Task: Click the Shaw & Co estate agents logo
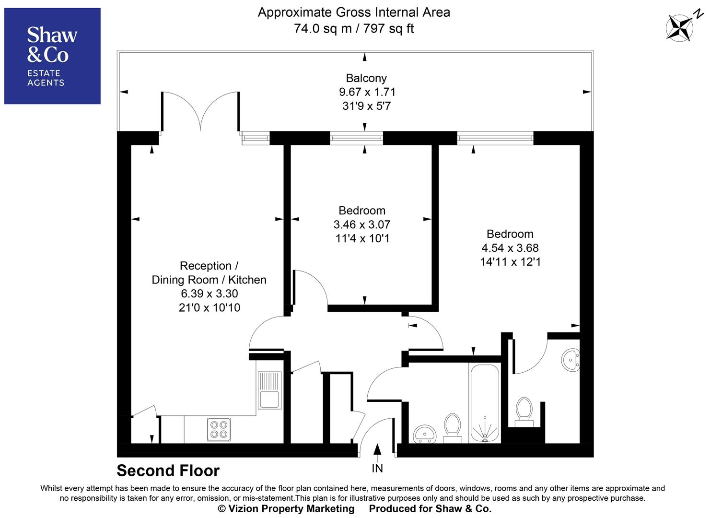tap(52, 56)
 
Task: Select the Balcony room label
tap(366, 78)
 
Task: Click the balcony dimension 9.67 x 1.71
tap(367, 92)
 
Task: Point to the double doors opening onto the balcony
tap(200, 112)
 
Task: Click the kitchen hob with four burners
tap(219, 429)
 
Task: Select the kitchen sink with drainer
tap(269, 390)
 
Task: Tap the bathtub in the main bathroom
tap(485, 403)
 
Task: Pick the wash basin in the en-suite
tap(570, 360)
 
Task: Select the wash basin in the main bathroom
tap(425, 433)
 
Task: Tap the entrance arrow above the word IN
tap(377, 449)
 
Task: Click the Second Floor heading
tap(168, 471)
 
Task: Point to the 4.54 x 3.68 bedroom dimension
tap(510, 248)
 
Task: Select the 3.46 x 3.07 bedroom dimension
tap(362, 224)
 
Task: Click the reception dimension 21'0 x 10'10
tap(210, 307)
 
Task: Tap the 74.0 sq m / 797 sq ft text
tap(354, 29)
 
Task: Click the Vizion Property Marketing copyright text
tap(286, 508)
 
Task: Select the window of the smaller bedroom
tap(357, 139)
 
